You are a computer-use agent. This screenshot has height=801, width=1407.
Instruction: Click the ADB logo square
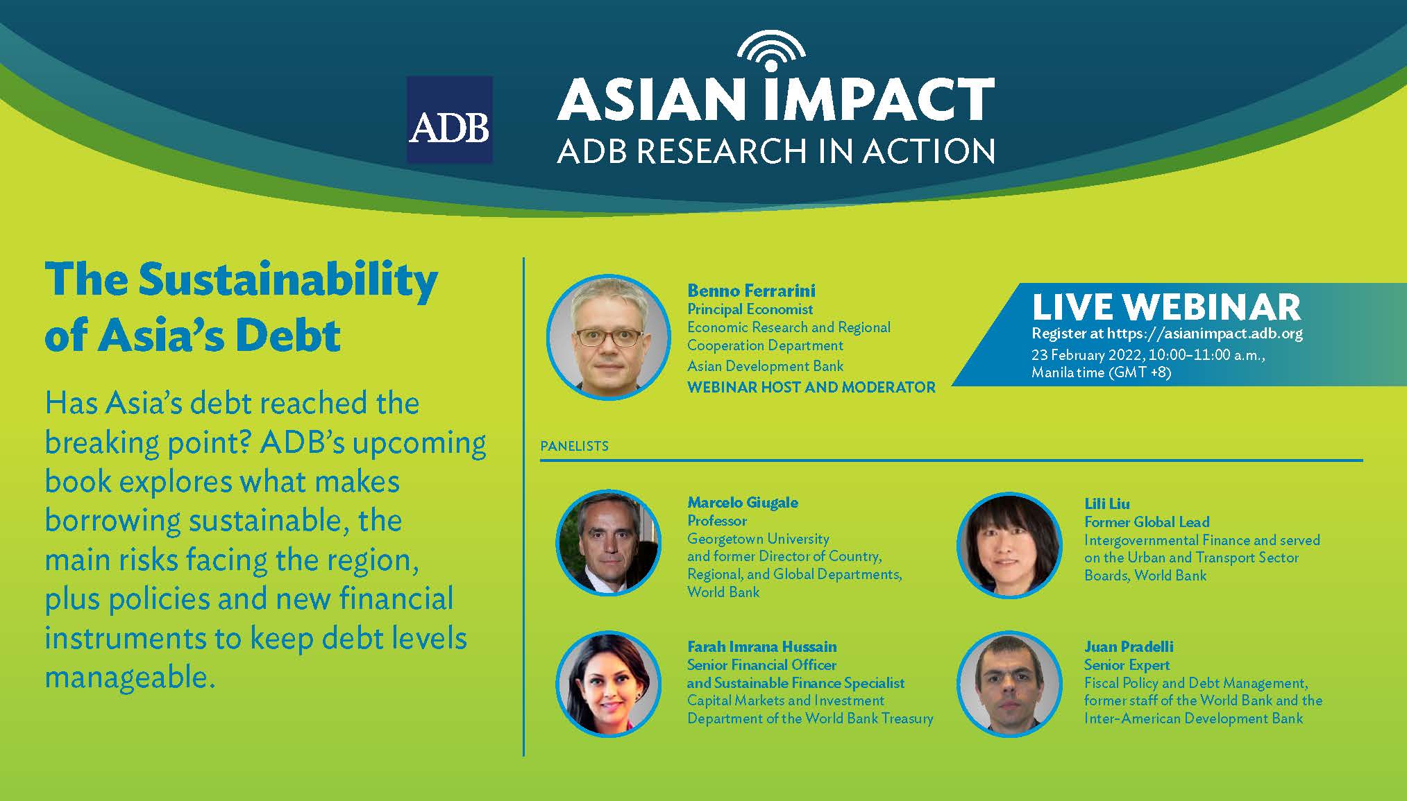point(450,120)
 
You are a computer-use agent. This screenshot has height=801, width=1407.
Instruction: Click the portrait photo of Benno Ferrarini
point(609,338)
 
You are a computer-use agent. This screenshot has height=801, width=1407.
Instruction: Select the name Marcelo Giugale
point(743,502)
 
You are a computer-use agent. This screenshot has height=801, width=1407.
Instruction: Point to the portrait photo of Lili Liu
point(1009,545)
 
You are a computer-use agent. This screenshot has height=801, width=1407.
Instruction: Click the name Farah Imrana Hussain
point(762,646)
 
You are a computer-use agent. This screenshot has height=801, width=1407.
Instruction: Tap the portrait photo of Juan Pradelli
point(1009,683)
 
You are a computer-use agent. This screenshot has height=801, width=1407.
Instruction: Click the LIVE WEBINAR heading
point(1166,307)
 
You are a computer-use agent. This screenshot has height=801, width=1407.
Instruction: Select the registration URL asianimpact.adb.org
point(1204,333)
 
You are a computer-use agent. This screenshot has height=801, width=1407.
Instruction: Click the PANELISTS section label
point(574,446)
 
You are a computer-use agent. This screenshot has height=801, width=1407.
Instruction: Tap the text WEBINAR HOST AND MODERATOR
point(811,387)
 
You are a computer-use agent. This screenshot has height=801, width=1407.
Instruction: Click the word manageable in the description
point(130,678)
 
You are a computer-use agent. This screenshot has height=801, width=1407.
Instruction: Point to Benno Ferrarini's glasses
point(609,338)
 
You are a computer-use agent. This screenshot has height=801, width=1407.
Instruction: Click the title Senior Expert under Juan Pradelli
point(1127,665)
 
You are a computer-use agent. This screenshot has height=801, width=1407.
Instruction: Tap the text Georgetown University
point(758,539)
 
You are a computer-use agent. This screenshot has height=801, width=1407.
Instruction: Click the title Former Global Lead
point(1147,522)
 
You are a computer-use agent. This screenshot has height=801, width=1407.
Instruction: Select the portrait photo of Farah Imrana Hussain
point(609,683)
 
